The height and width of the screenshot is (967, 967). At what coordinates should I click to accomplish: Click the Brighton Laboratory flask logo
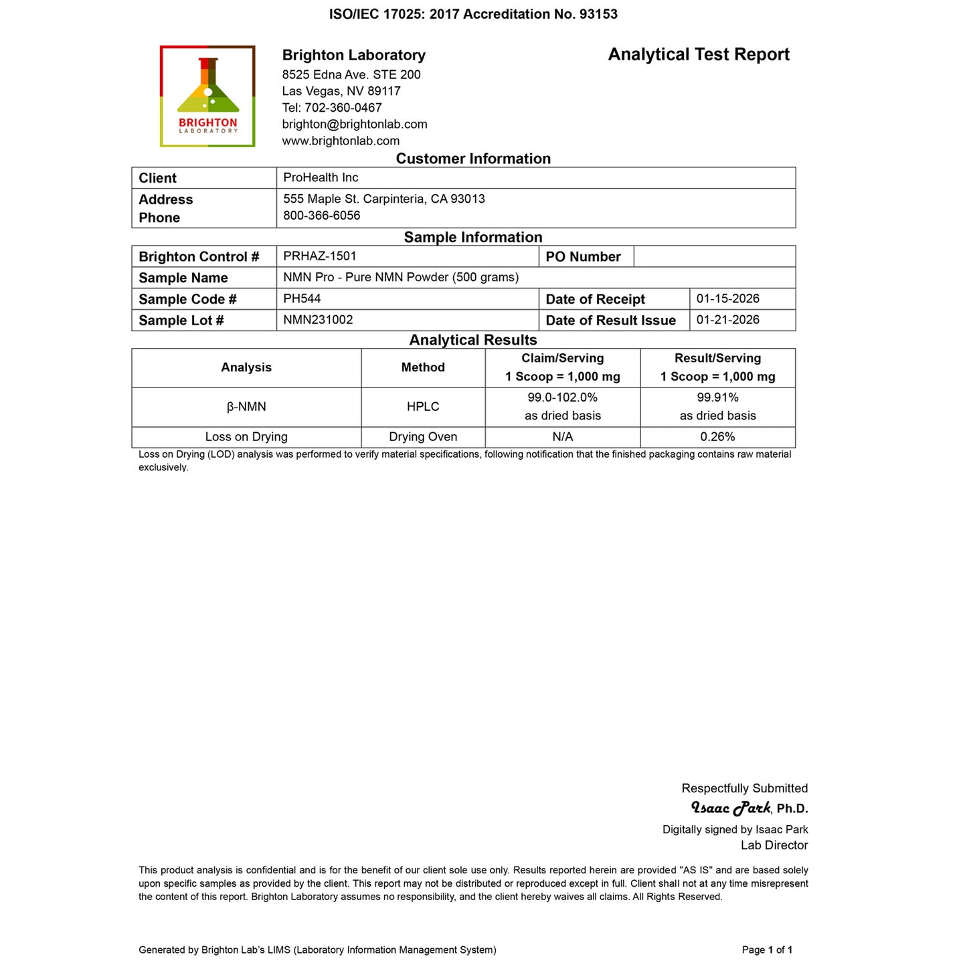207,96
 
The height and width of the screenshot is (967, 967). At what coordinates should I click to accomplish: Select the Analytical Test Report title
698,55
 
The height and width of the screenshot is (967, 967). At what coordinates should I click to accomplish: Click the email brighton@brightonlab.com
354,124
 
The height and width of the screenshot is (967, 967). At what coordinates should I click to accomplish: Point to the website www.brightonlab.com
341,141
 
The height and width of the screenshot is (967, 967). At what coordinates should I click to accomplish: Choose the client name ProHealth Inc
321,178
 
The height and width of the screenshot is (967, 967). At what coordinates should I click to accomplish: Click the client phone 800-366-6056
321,215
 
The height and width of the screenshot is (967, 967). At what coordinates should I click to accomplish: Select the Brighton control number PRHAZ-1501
320,256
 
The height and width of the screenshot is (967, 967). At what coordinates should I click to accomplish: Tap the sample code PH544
302,298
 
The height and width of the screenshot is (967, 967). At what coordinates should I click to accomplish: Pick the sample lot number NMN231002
318,320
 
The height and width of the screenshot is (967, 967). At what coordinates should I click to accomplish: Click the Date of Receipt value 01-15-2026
727,298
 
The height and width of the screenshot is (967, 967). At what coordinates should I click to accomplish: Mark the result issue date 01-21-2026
727,320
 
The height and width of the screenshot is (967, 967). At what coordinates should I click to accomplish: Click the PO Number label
583,257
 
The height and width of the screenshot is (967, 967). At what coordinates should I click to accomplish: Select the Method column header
423,367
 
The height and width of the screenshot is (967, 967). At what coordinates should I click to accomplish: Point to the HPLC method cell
423,407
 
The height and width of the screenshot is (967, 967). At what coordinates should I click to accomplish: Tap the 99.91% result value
717,398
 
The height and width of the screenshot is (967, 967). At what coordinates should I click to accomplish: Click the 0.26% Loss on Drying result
717,437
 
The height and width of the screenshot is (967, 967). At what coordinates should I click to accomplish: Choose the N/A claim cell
562,437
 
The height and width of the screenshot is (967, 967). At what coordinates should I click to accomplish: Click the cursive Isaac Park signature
730,808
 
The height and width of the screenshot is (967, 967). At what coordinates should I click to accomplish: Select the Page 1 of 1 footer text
767,950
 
